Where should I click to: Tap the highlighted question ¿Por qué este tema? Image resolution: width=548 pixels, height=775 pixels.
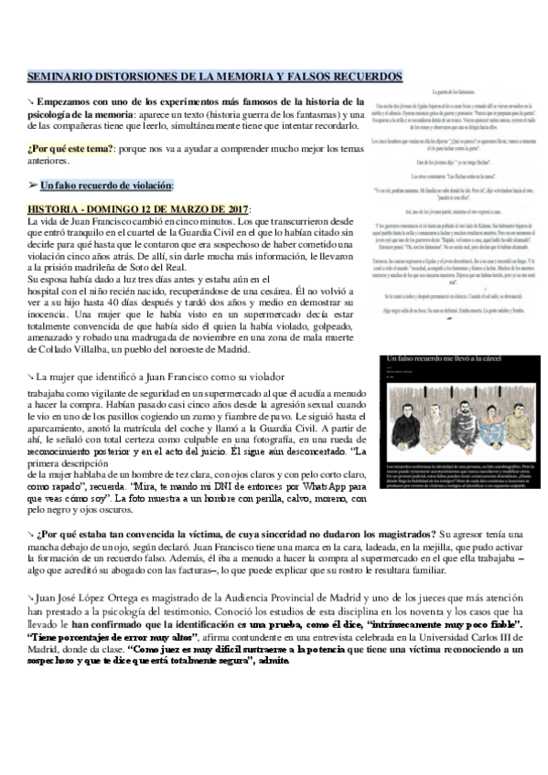point(63,146)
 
